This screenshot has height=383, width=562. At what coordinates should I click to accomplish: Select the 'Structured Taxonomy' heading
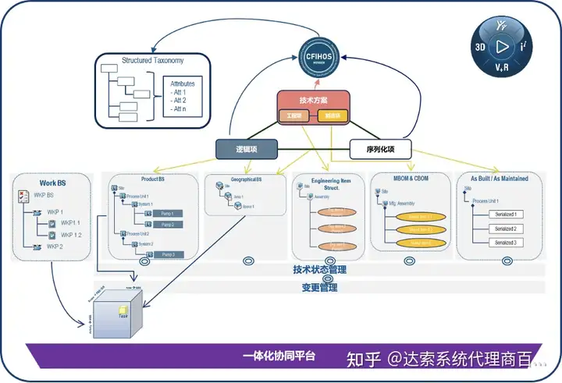[153, 60]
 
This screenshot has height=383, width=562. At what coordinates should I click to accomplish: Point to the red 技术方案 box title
[312, 101]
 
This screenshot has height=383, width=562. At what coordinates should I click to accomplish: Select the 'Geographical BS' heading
[243, 180]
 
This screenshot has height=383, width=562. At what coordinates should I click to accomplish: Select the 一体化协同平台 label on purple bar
[279, 356]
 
